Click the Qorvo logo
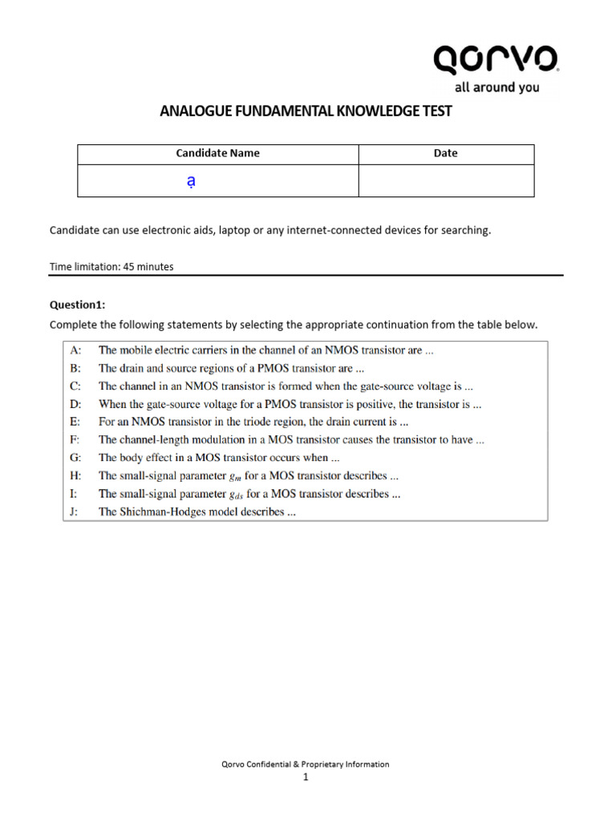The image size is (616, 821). point(496,60)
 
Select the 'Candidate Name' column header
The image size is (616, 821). point(217,153)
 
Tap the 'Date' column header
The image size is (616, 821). point(445,153)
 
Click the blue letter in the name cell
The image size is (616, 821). point(190,182)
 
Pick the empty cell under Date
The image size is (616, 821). point(445,181)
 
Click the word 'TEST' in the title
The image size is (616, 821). point(434,111)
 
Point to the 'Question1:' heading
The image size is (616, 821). point(77,305)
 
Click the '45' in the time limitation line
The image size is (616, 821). point(128,267)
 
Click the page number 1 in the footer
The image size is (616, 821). point(306,776)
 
